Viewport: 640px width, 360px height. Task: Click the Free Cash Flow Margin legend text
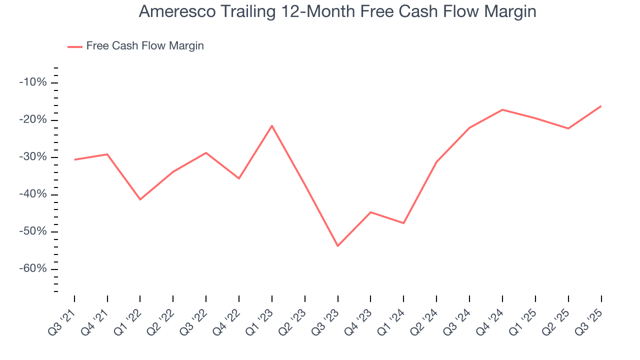(145, 46)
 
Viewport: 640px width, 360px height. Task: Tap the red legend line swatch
(75, 46)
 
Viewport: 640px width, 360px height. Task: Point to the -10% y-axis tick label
(32, 82)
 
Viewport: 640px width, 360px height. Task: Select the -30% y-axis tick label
(32, 157)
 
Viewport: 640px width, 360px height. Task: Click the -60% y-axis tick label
(32, 269)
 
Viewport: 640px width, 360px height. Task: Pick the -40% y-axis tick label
(32, 194)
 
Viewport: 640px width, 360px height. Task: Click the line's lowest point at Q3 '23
(338, 246)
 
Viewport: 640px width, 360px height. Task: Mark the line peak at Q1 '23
(272, 125)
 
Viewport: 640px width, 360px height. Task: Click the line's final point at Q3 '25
(601, 106)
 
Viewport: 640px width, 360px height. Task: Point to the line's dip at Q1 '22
(140, 199)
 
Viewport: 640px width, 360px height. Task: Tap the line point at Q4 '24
(502, 109)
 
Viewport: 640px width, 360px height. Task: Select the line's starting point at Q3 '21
(74, 159)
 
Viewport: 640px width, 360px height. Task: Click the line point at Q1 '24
(403, 223)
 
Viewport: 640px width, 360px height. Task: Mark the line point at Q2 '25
(568, 128)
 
